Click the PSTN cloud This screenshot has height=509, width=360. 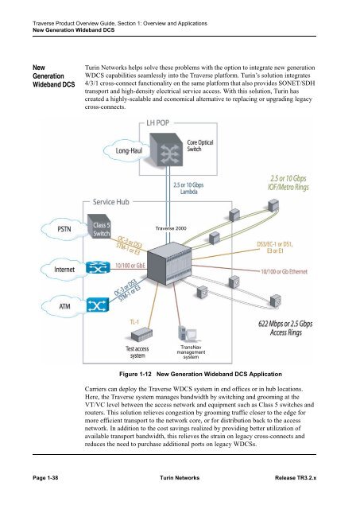click(x=59, y=230)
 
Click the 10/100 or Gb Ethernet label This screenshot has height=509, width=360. click(x=300, y=272)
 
